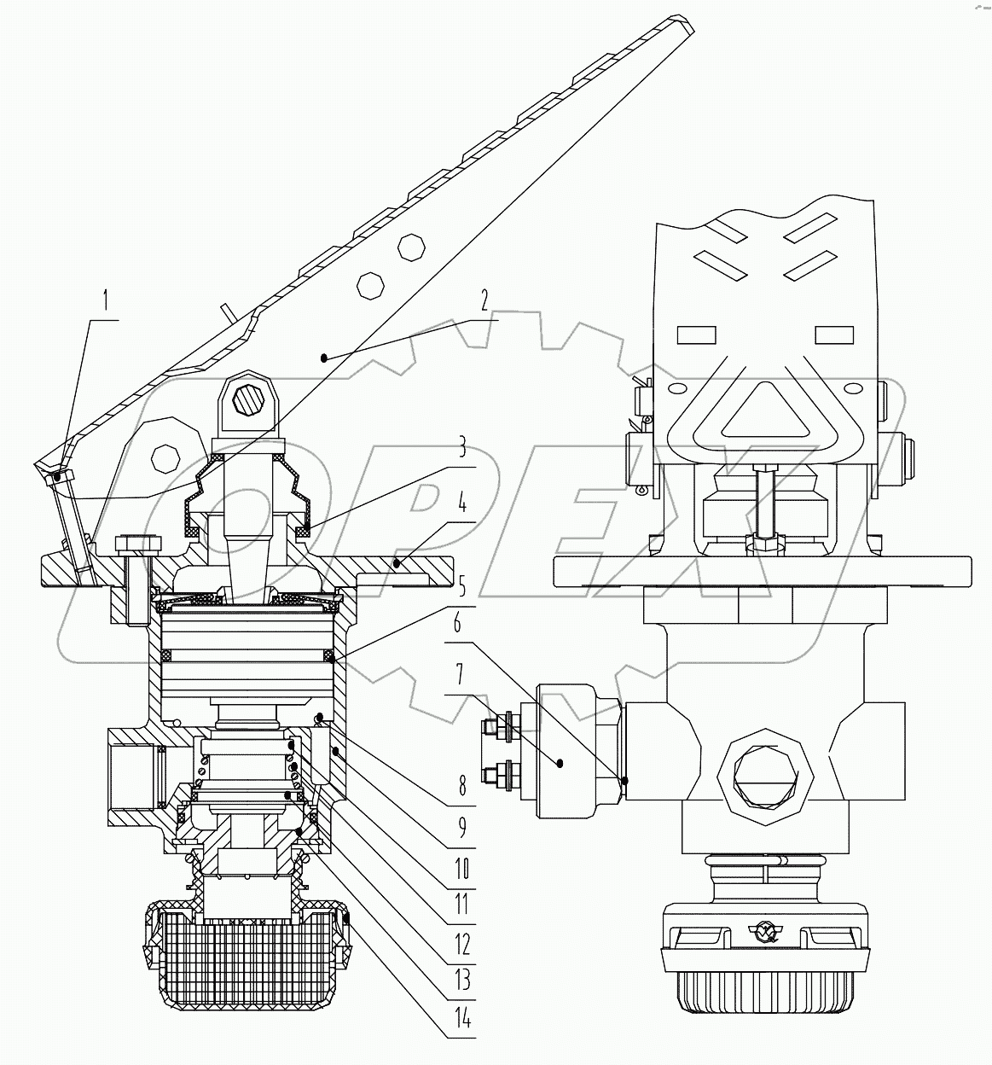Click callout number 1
tap(106, 300)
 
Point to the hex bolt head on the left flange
tap(135, 544)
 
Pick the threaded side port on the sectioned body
tap(136, 775)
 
